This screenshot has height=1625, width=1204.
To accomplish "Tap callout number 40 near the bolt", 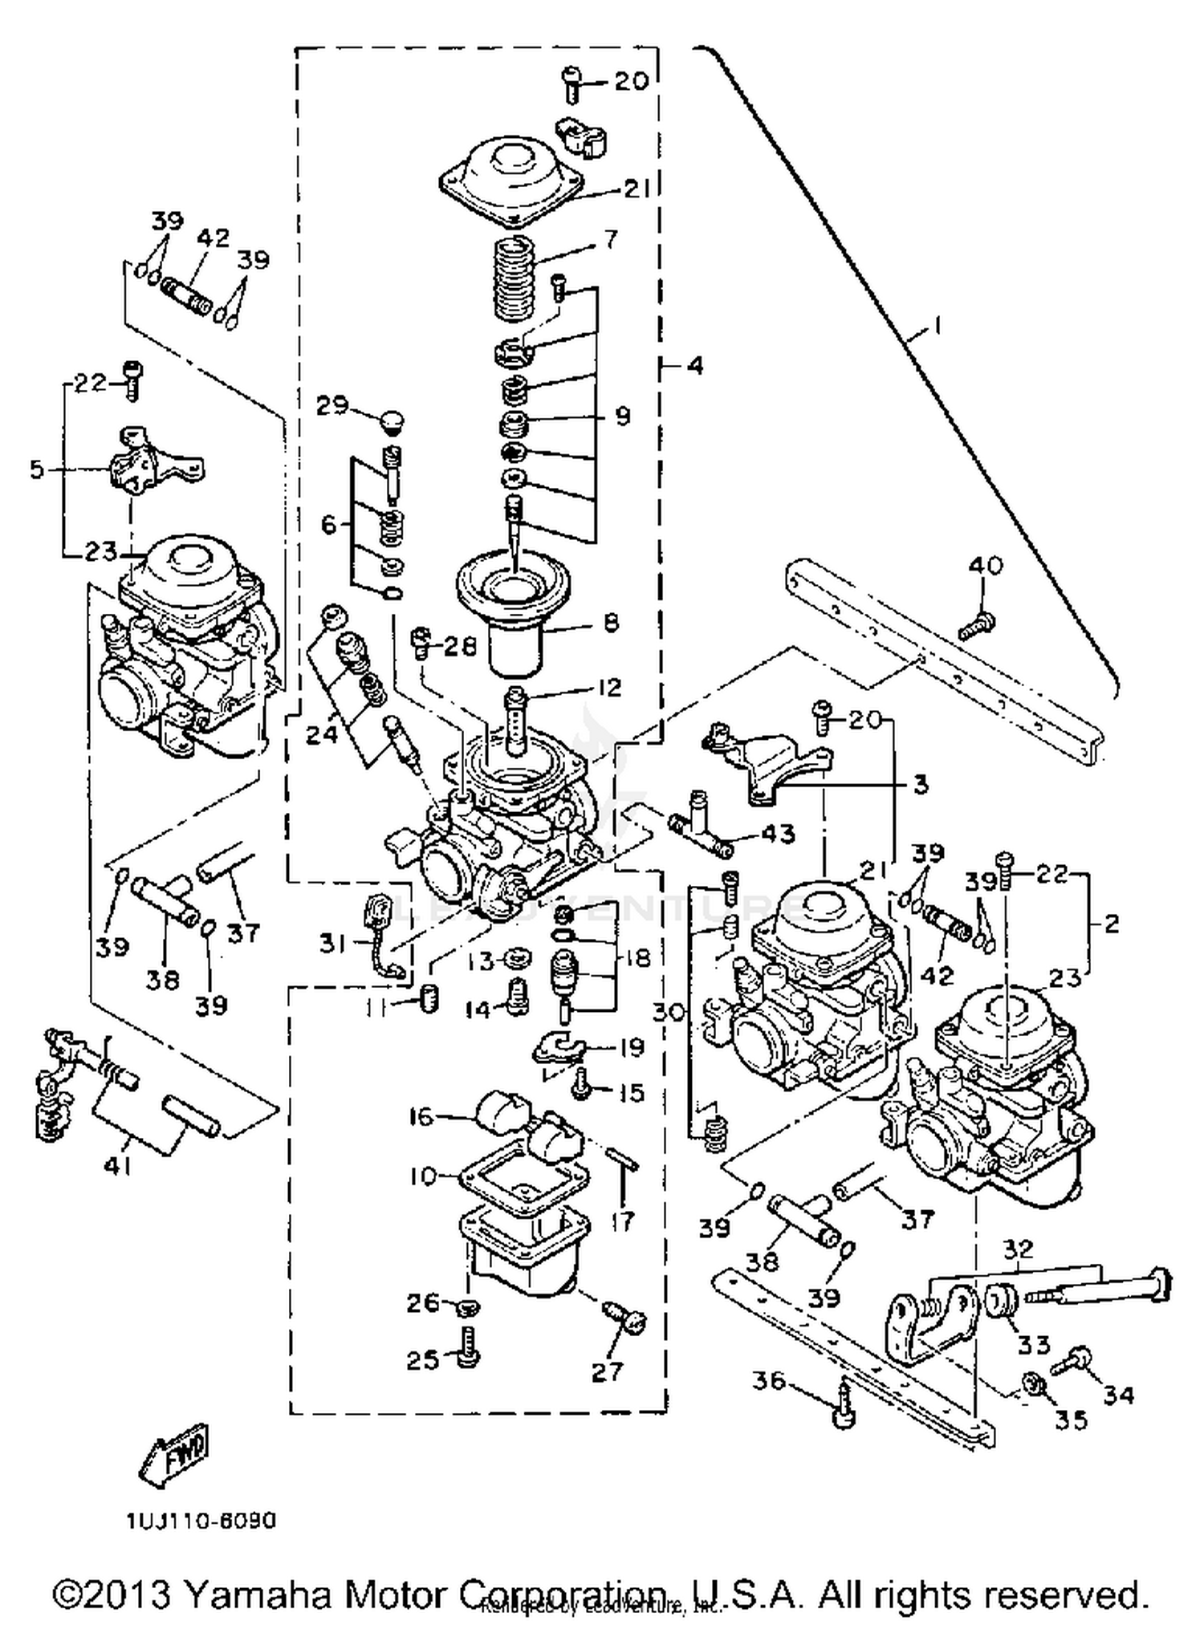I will click(x=986, y=566).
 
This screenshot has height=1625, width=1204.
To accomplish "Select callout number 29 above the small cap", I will click(x=332, y=406).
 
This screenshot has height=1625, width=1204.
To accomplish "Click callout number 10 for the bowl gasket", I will click(x=423, y=1176).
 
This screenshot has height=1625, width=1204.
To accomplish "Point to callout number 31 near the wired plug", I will click(x=332, y=944).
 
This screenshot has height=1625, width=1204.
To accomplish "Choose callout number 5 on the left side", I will click(x=37, y=469).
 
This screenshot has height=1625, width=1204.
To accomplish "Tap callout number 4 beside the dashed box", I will click(x=694, y=366).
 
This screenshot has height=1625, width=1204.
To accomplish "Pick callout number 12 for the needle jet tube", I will click(x=609, y=688).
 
